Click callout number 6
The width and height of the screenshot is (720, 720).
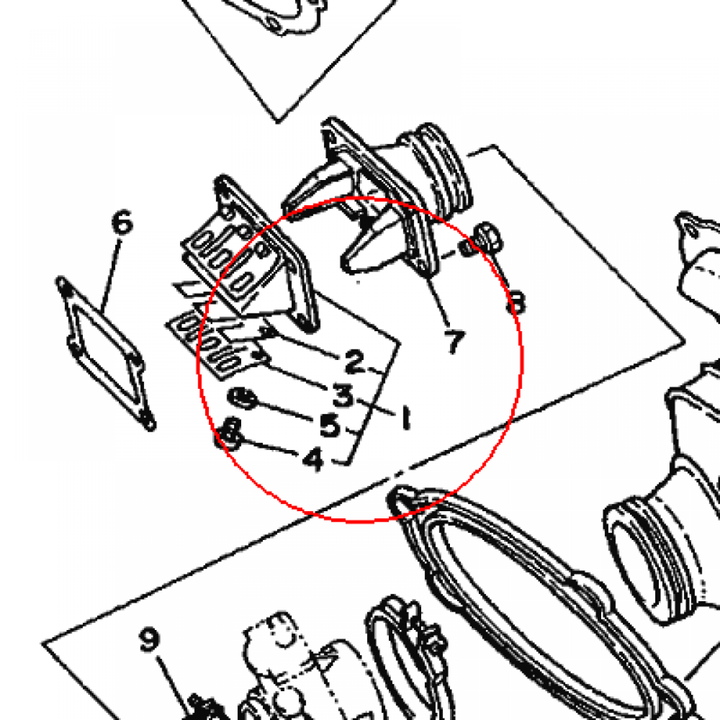[x=122, y=222]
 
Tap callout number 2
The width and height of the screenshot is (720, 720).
[x=354, y=361]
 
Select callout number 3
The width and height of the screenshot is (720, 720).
[x=343, y=395]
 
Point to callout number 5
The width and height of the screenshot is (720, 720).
[x=330, y=425]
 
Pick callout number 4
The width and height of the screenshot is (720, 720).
[x=314, y=458]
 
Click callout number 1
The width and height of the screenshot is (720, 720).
[x=406, y=417]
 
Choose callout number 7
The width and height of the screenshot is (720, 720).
[x=455, y=342]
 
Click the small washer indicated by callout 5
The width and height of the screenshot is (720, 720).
[x=243, y=398]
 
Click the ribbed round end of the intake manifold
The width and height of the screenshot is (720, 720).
[x=443, y=171]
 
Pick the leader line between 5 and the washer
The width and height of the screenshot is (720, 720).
[x=285, y=410]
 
